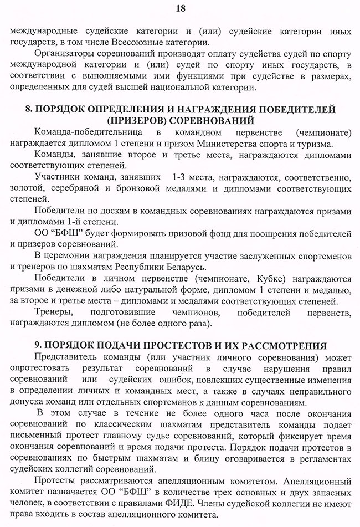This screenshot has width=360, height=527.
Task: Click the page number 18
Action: point(180,8)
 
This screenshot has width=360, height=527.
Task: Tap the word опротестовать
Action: point(42,368)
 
